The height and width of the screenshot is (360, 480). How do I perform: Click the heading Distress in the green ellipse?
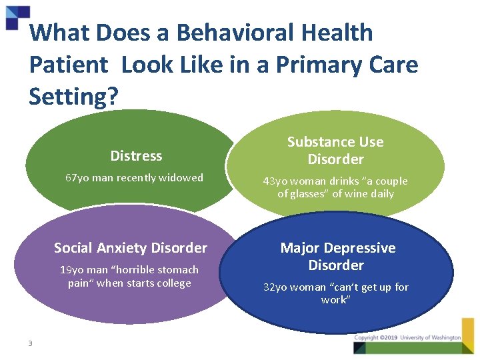136,156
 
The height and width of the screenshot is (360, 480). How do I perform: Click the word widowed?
180,178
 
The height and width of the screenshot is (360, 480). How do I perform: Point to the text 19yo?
71,270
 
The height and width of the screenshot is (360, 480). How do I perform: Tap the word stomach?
175,270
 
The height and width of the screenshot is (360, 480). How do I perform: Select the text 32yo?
276,287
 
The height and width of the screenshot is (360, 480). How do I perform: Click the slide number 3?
31,343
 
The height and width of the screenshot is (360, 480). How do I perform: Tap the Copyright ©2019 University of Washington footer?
407,338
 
